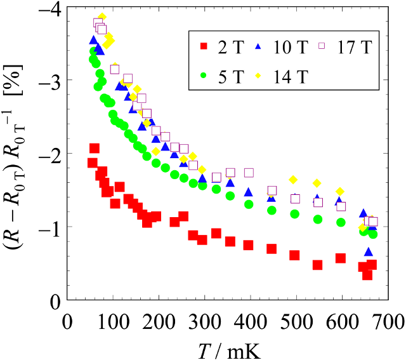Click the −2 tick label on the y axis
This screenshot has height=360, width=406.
49,154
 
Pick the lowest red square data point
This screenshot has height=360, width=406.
367,275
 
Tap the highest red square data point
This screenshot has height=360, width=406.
95,149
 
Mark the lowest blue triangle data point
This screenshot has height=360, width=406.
369,252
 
